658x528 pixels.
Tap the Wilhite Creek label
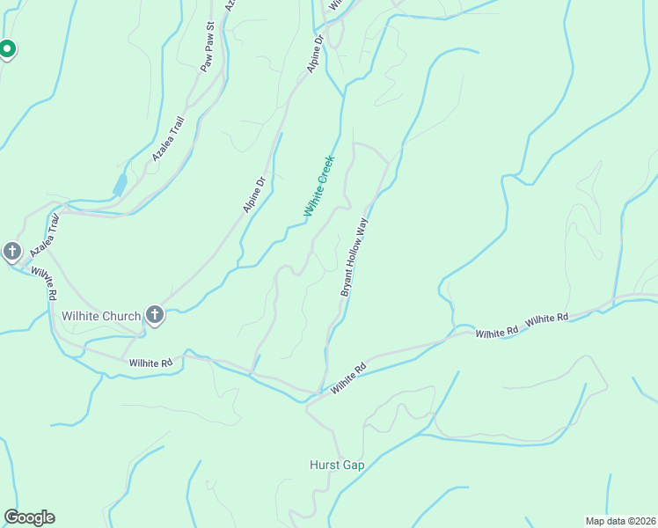319,186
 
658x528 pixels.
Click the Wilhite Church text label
101,317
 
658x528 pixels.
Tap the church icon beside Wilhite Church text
155,315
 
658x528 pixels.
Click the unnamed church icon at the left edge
11,252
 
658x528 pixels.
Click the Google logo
29,517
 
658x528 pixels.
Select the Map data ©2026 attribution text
620,521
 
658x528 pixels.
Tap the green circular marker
6,49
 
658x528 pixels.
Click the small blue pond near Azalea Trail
120,185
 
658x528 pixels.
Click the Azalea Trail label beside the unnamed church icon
47,236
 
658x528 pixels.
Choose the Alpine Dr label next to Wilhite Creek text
254,195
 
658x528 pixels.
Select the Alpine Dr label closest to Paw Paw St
316,54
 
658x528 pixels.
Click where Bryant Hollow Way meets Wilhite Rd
325,390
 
